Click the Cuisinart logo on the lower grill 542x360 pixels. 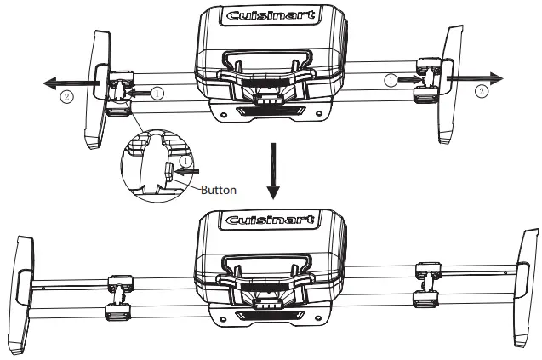pos(271,221)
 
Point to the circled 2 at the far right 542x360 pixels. pos(482,89)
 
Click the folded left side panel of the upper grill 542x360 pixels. pos(95,89)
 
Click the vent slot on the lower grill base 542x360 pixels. pos(270,317)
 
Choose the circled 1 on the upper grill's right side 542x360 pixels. pos(390,79)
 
